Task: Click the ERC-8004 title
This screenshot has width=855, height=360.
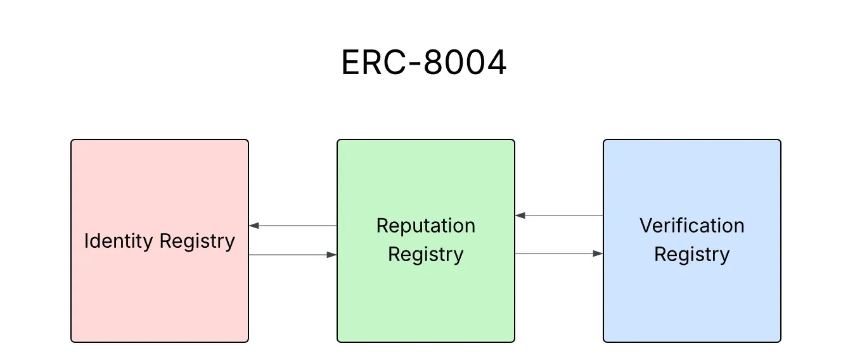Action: (x=423, y=63)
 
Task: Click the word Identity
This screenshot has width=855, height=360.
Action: (x=119, y=241)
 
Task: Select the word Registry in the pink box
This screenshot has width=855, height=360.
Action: (x=197, y=241)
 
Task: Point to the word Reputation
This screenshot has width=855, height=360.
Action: (x=425, y=226)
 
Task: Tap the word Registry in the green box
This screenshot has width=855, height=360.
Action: (x=425, y=255)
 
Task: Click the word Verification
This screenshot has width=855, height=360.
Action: (x=691, y=226)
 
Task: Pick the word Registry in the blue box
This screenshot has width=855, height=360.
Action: (x=691, y=255)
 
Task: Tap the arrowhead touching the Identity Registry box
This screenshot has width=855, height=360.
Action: (x=254, y=226)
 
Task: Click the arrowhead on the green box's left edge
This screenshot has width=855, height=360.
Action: (x=331, y=255)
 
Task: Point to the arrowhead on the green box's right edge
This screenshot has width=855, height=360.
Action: (x=520, y=215)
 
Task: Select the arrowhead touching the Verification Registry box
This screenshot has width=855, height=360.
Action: (x=598, y=254)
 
